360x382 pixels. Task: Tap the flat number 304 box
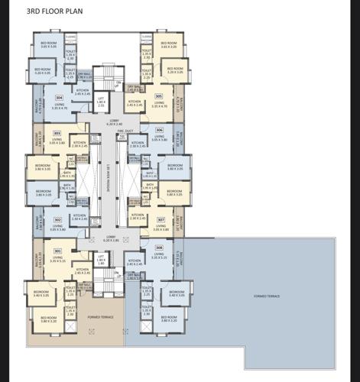(x=60, y=98)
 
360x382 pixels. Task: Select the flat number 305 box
(x=159, y=96)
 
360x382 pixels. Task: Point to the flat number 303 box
(x=57, y=133)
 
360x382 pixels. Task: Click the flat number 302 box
(x=57, y=220)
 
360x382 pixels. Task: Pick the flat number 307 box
(x=161, y=220)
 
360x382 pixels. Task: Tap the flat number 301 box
(x=57, y=251)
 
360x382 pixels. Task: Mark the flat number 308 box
(x=159, y=248)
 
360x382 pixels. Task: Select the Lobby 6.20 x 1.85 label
(x=112, y=239)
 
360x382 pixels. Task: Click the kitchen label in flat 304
(x=83, y=92)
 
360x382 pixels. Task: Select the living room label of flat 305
(x=159, y=105)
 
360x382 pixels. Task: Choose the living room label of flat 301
(x=57, y=259)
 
